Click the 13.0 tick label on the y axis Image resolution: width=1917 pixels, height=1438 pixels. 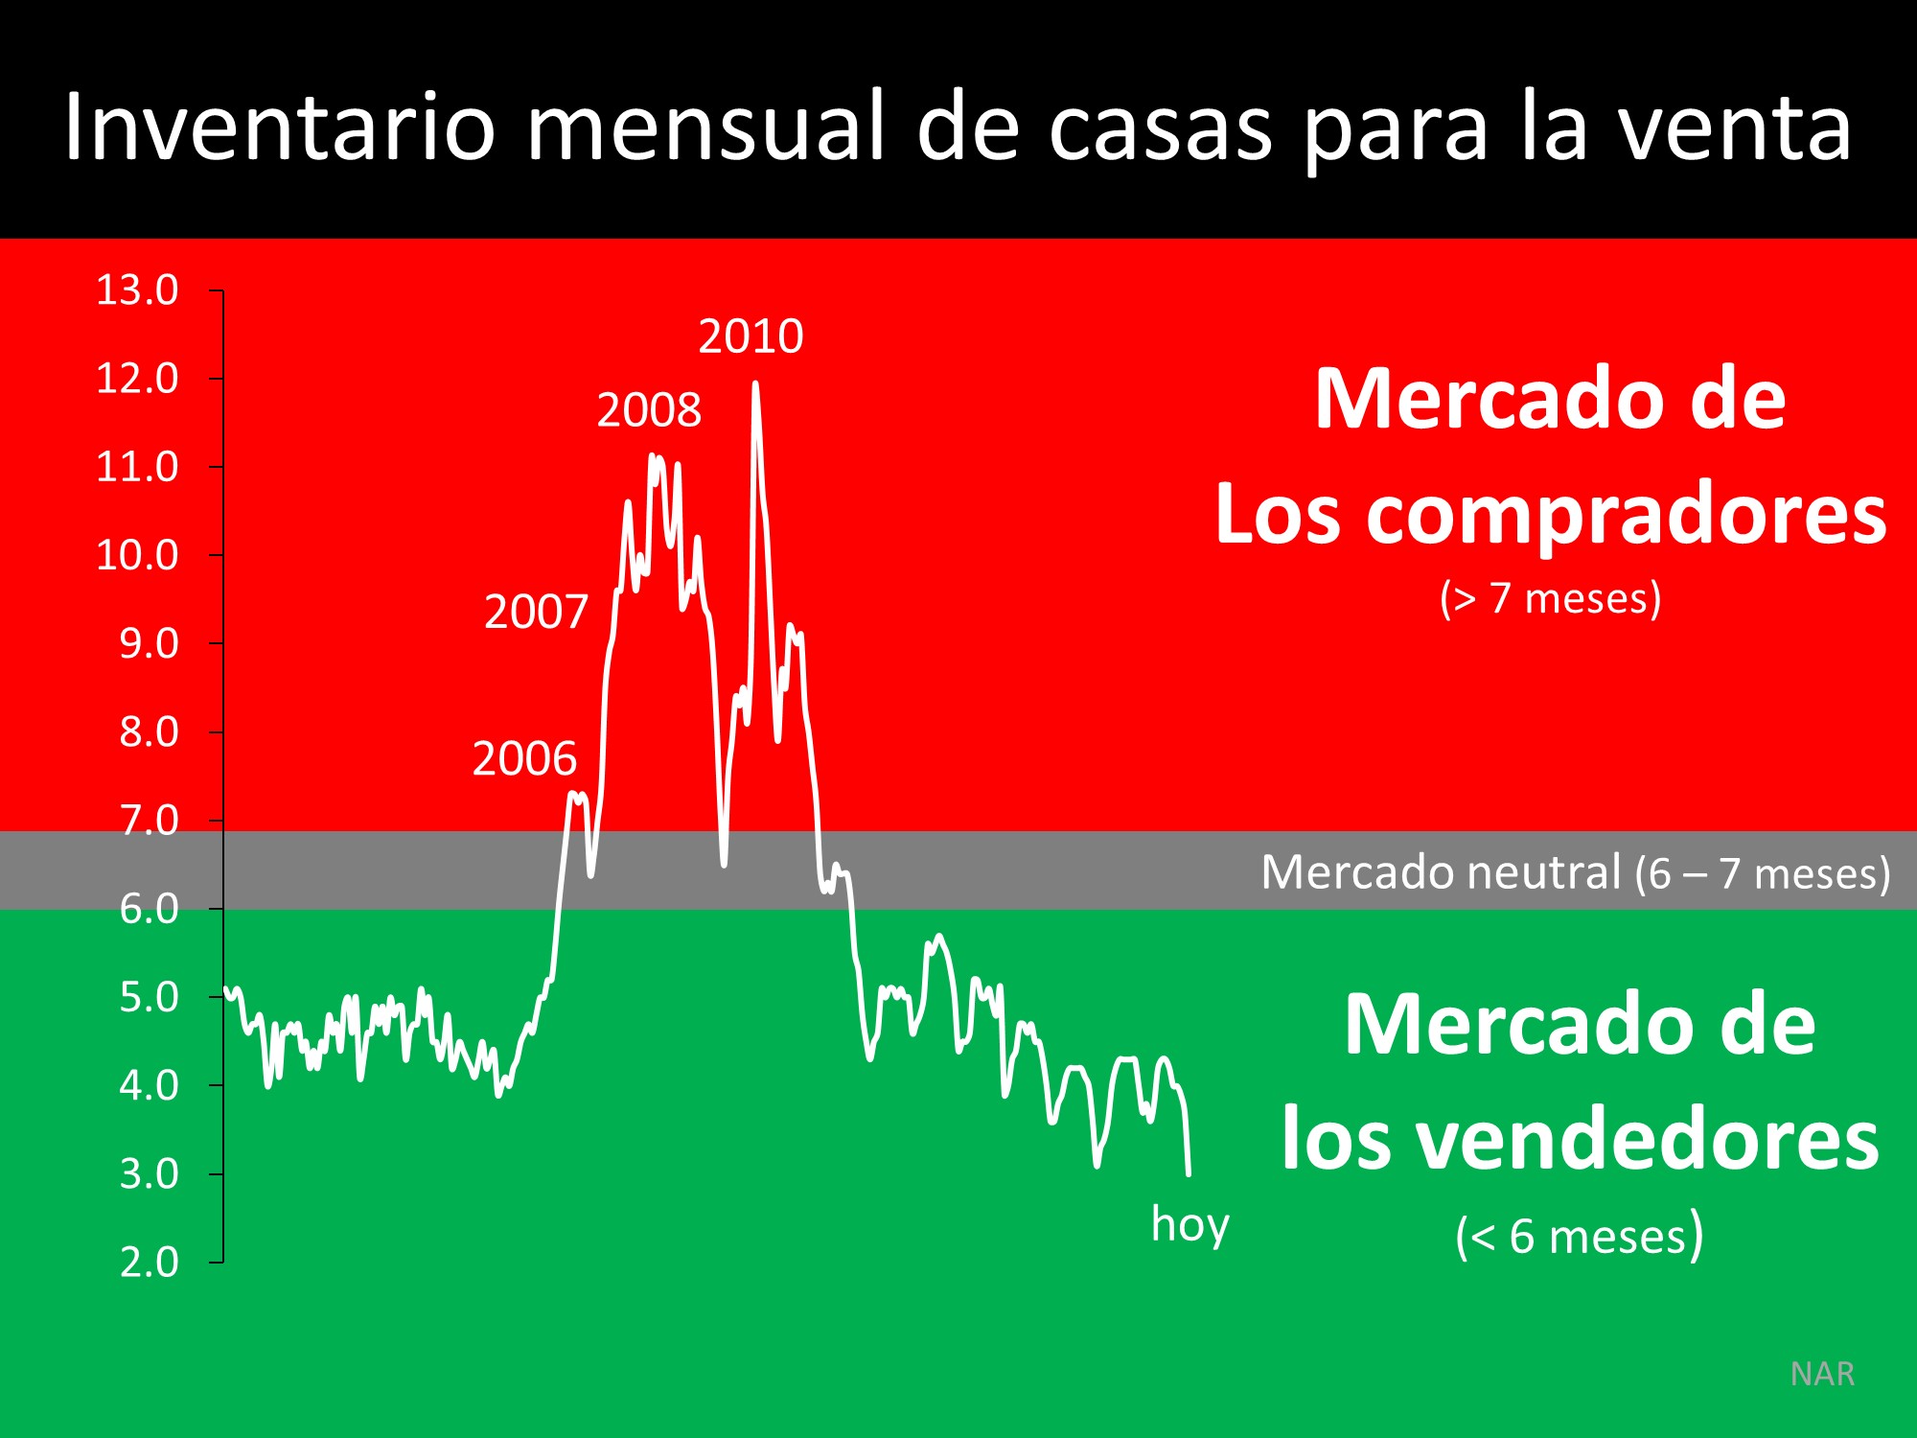coord(137,290)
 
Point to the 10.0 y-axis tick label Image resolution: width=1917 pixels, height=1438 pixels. coord(137,555)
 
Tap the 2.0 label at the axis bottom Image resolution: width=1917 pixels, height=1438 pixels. coord(149,1262)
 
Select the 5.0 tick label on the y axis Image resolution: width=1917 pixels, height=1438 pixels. coord(149,997)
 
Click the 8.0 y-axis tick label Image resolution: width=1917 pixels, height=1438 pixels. coord(149,732)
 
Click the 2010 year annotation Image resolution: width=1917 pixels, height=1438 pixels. coord(751,336)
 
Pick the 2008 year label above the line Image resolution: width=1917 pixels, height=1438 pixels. coord(649,410)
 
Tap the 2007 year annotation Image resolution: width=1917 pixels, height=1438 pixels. coord(536,612)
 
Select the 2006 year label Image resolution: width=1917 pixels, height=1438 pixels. coord(524,759)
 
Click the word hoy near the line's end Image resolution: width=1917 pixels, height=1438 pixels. coord(1189,1224)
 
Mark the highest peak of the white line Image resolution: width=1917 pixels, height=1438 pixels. coord(755,383)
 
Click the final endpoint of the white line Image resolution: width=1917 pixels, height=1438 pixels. coord(1189,1173)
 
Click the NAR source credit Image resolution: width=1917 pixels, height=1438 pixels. coord(1822,1374)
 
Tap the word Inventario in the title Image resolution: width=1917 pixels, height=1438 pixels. coord(279,128)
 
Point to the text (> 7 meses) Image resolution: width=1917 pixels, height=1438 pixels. coord(1550,598)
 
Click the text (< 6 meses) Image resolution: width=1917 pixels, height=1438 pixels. coord(1579,1235)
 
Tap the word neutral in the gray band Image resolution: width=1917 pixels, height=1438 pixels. coord(1543,872)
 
